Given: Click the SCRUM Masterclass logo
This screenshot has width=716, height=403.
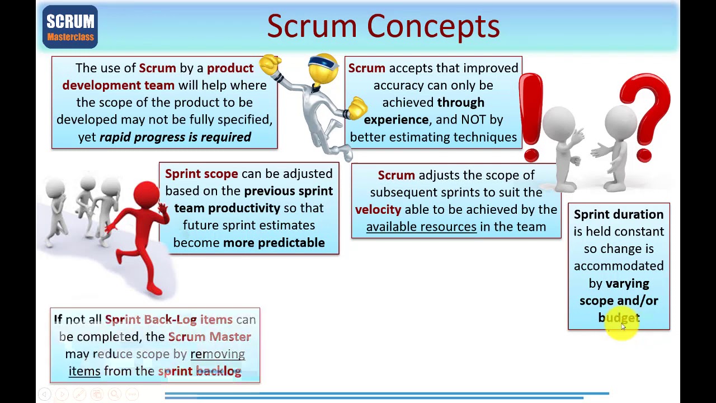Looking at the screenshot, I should [70, 27].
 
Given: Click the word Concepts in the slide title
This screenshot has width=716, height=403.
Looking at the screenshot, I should [433, 26].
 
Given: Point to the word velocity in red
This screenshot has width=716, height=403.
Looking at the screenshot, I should [378, 209].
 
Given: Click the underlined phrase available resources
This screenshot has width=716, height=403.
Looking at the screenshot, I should [421, 227].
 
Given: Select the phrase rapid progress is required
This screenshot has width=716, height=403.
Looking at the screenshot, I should [175, 137].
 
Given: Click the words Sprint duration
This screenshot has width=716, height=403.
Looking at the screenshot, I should [618, 214].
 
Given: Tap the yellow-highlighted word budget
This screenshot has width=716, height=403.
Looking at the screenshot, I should [619, 318].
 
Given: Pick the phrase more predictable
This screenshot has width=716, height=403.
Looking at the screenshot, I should [274, 243].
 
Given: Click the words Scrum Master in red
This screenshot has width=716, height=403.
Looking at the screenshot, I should [209, 337].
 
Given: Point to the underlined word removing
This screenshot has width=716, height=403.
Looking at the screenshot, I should [218, 354].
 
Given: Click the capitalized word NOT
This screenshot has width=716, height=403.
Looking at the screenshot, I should [474, 120].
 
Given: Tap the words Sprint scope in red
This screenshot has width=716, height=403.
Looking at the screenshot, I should [201, 174].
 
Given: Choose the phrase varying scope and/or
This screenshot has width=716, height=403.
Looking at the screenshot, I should [619, 292].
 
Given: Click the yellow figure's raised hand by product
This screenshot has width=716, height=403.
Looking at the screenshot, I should [270, 65].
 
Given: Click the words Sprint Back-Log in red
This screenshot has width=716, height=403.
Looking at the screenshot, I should [150, 320].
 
